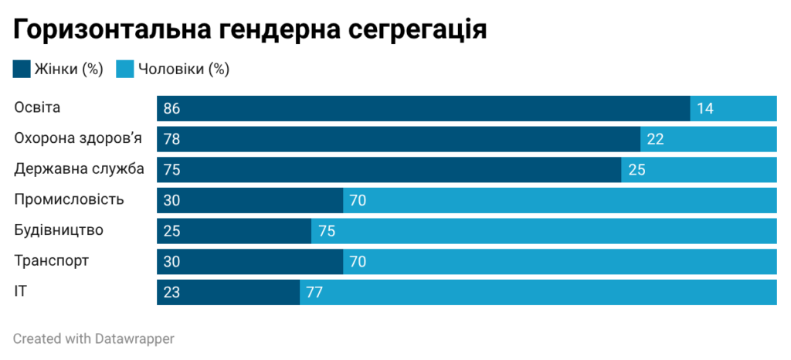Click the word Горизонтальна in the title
pyautogui.click(x=107, y=30)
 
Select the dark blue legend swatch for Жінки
pyautogui.click(x=22, y=70)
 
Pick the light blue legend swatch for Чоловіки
pyautogui.click(x=125, y=70)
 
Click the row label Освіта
pyautogui.click(x=37, y=108)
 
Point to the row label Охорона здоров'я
pyautogui.click(x=78, y=138)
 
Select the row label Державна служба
pyautogui.click(x=79, y=169)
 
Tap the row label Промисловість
pyautogui.click(x=69, y=200)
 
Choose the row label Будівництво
pyautogui.click(x=59, y=230)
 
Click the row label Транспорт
pyautogui.click(x=51, y=261)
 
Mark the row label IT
pyautogui.click(x=21, y=292)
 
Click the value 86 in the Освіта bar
pyautogui.click(x=171, y=109)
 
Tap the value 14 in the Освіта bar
pyautogui.click(x=704, y=109)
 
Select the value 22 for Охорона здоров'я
pyautogui.click(x=655, y=140)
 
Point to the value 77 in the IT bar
pyautogui.click(x=314, y=293)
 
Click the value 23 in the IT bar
pyautogui.click(x=171, y=293)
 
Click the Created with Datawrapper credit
pyautogui.click(x=93, y=338)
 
